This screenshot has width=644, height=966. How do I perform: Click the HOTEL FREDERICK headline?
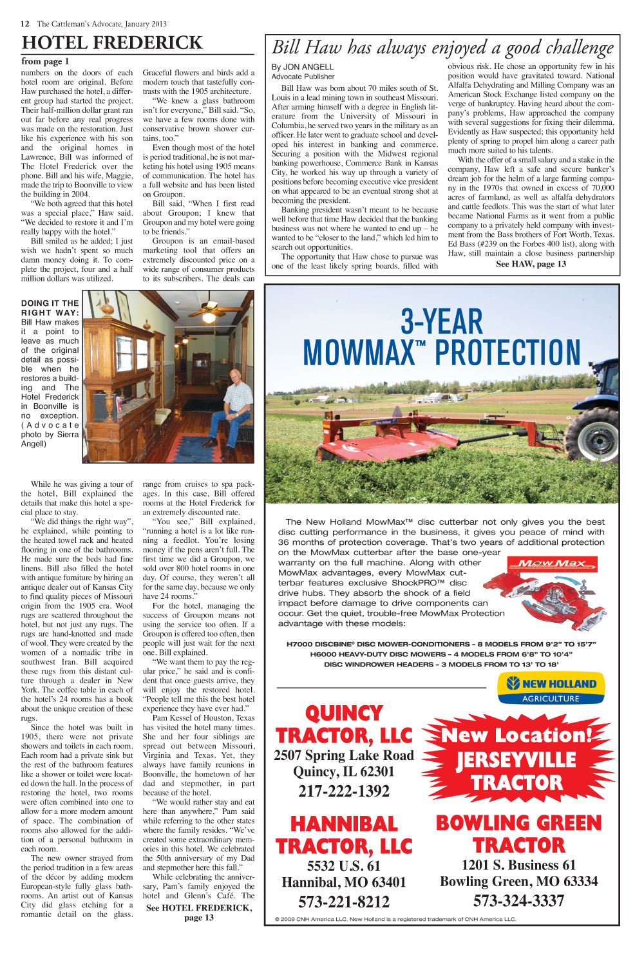pos(112,43)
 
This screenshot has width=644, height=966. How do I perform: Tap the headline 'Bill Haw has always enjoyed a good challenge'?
pos(442,48)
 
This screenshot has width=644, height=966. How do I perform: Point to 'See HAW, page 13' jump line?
pos(531,264)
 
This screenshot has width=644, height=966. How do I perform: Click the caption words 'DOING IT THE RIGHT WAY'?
pos(50,308)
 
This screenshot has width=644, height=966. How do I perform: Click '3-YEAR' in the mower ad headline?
pos(441,321)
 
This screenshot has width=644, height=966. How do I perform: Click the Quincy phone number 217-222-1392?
pos(344,791)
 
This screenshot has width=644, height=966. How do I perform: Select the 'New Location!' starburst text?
pos(516,735)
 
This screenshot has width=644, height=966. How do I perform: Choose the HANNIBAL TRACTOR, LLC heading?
pos(344,835)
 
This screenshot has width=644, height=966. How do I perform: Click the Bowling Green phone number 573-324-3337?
pos(518,900)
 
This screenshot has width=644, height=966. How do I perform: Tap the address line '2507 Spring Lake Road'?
pos(344,755)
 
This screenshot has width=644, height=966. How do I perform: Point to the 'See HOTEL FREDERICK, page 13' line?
pos(198,913)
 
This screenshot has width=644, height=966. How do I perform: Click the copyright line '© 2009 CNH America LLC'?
pos(395,919)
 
